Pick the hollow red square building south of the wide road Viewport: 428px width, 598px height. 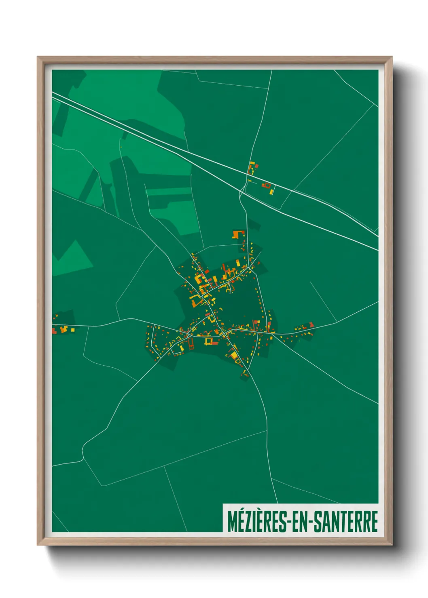coord(266,185)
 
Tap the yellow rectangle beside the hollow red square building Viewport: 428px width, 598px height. coord(272,190)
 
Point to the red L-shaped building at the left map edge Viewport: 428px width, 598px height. coord(54,331)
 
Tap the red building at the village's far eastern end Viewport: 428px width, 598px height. coord(311,324)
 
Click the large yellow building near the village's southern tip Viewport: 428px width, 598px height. coord(234,355)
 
